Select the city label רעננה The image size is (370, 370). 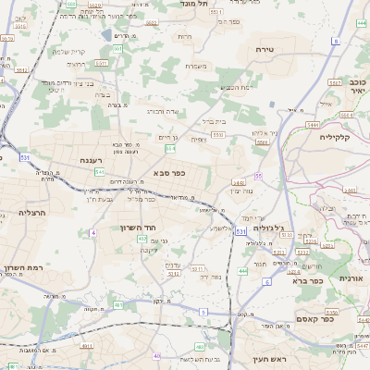pyautogui.click(x=91, y=159)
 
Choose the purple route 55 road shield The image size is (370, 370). pyautogui.click(x=259, y=175)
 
